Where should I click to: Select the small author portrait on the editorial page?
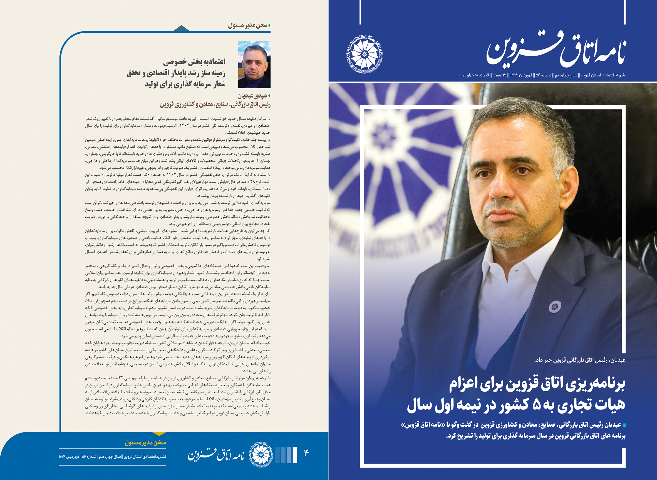[254, 64]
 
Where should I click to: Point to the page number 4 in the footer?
[306, 453]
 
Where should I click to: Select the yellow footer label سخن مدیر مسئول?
[145, 443]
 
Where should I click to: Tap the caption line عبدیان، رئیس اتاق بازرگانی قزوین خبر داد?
[580, 360]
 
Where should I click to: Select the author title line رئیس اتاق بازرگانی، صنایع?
[215, 105]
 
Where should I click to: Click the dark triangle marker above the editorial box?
[181, 28]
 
